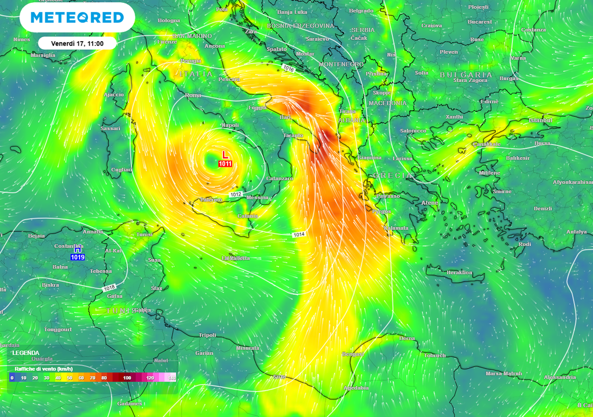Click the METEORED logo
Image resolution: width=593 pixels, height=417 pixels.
(77, 17)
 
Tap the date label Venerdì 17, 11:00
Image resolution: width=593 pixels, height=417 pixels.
(77, 43)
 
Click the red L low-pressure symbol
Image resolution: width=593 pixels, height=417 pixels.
(225, 155)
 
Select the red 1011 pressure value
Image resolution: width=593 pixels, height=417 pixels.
(225, 164)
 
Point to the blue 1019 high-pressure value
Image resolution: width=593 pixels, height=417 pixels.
(77, 257)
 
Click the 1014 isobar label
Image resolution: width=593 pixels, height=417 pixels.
(298, 234)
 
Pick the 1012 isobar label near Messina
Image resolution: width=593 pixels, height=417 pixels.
(236, 194)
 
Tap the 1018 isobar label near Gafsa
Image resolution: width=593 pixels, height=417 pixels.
(108, 288)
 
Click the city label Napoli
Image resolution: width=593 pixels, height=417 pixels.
(230, 125)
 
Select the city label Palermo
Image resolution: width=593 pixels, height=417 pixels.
(211, 200)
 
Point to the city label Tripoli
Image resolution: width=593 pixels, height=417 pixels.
(207, 335)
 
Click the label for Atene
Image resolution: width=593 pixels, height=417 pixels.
(430, 203)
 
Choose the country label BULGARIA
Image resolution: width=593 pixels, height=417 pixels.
(466, 75)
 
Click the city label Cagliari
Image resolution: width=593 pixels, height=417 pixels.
(121, 170)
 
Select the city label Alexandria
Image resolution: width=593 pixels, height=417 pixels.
(560, 377)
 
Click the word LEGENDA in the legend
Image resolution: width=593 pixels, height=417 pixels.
(26, 353)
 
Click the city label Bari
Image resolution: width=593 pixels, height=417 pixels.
(285, 117)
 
